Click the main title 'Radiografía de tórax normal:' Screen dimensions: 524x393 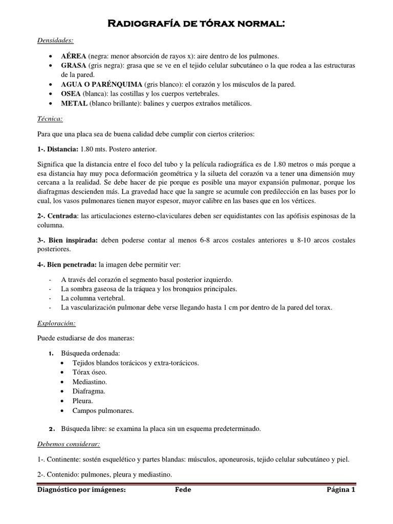click(196, 24)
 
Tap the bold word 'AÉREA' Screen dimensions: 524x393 click(73, 56)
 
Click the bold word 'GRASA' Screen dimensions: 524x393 click(74, 66)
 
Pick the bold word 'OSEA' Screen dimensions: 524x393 click(72, 94)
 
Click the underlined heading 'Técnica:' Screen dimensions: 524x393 click(50, 119)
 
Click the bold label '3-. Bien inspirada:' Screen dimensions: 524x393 click(69, 241)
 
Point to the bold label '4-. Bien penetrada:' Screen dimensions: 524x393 click(67, 265)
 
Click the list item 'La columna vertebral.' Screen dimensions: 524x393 click(93, 298)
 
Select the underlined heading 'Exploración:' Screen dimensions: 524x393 click(56, 323)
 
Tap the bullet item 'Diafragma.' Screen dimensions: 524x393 click(90, 391)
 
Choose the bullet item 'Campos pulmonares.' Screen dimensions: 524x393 click(102, 410)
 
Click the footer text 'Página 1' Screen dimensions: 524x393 click(341, 490)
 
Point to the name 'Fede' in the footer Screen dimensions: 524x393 click(183, 490)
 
